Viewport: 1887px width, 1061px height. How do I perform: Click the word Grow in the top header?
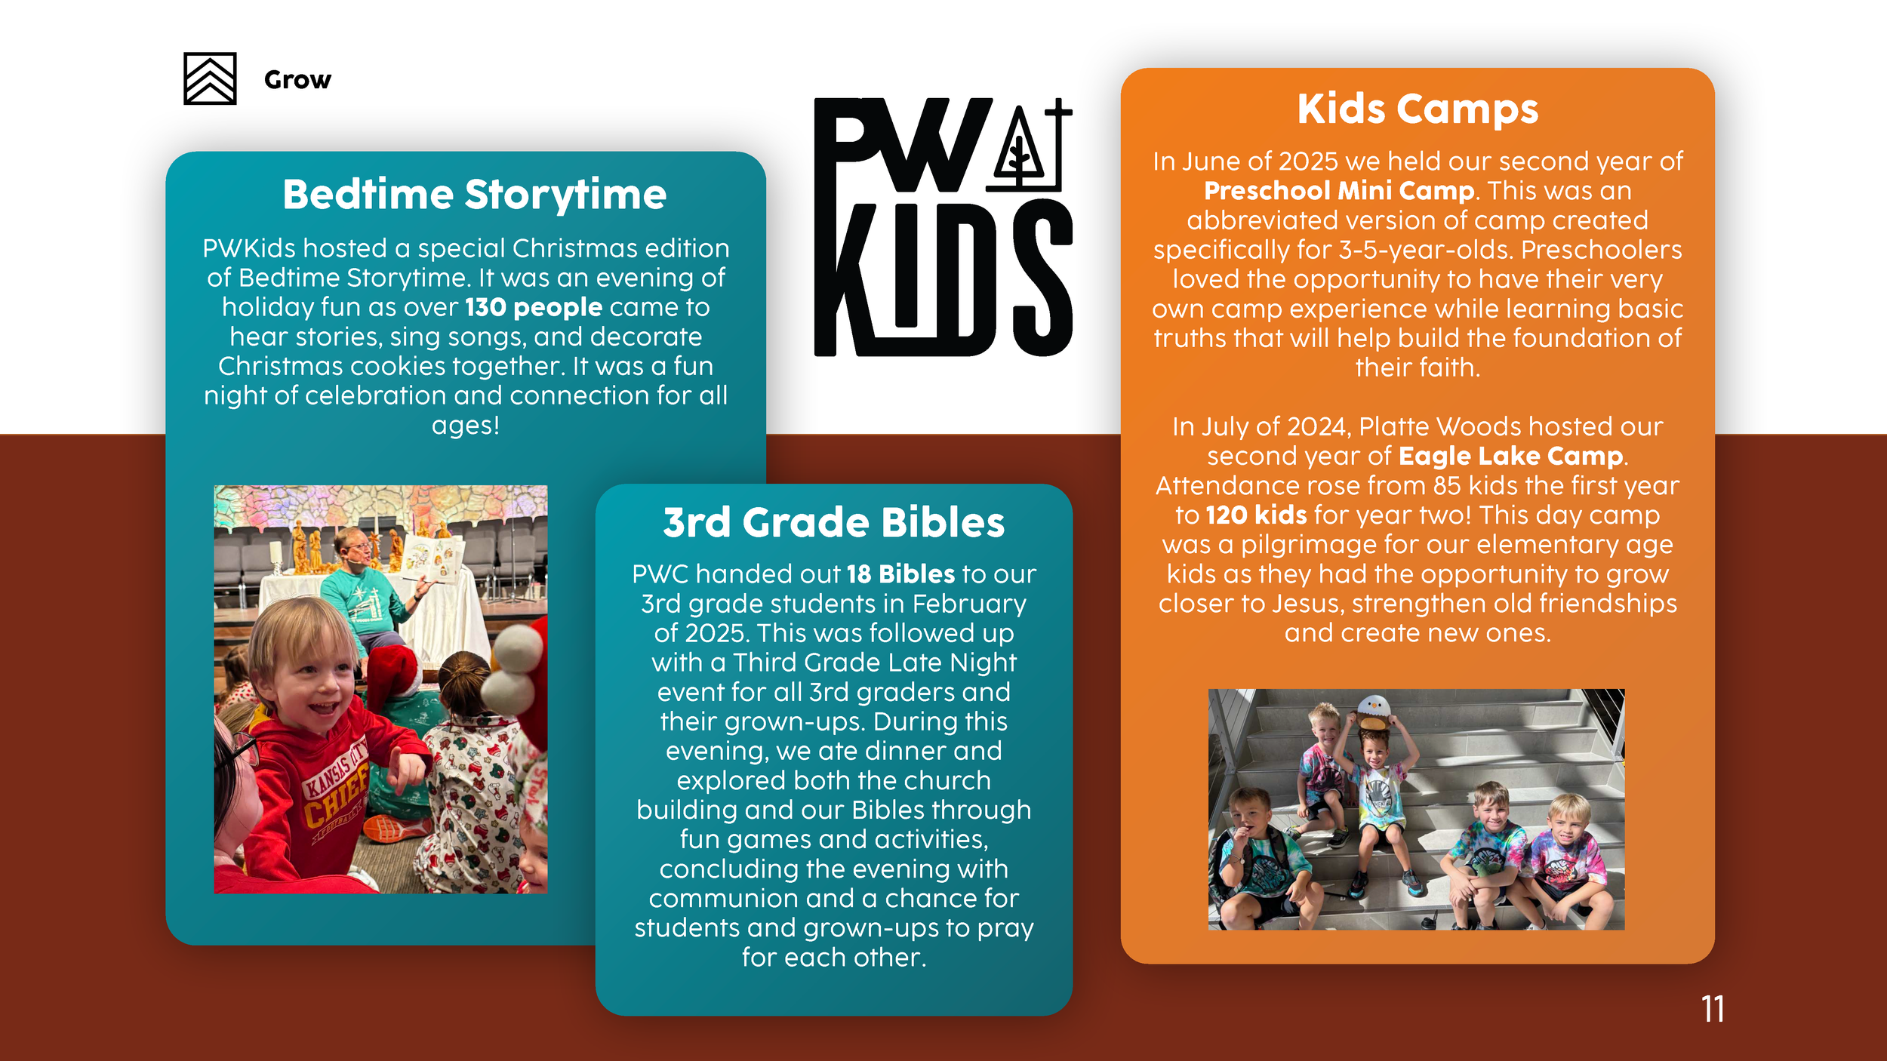(x=297, y=79)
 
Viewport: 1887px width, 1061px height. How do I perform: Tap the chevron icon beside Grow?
(x=210, y=78)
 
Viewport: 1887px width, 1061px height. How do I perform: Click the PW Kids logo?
(x=943, y=226)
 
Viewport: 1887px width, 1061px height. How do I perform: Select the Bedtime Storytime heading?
(x=475, y=195)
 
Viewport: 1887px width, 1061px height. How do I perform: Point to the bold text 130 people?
(x=534, y=307)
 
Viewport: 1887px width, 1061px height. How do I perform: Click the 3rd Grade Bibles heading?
(x=834, y=522)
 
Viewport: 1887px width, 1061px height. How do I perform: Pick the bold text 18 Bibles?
(x=900, y=574)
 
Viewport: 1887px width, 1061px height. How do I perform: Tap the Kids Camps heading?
(x=1418, y=109)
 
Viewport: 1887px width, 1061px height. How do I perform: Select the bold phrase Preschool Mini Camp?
(x=1339, y=191)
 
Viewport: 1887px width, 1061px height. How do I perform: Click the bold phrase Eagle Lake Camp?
(x=1511, y=457)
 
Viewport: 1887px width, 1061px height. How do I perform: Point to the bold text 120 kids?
(x=1256, y=515)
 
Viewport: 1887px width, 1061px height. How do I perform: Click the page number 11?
(x=1713, y=1009)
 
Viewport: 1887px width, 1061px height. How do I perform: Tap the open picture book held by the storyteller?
(x=433, y=559)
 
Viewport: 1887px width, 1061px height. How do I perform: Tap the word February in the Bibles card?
(x=969, y=604)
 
